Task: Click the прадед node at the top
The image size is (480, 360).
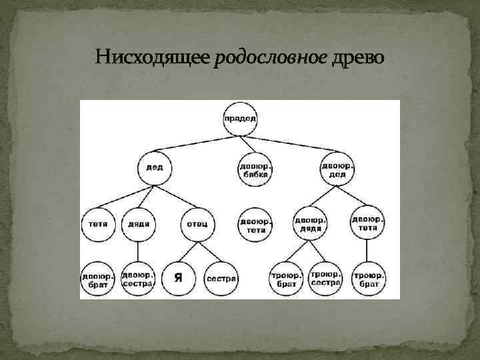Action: (x=241, y=119)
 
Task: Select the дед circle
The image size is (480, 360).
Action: (x=155, y=167)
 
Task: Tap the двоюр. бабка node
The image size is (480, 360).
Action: (x=255, y=170)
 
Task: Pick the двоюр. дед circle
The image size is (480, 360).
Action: (x=337, y=170)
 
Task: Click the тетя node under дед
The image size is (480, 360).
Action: (x=99, y=224)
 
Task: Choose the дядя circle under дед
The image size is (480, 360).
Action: (x=139, y=224)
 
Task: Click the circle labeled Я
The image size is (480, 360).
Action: (x=177, y=277)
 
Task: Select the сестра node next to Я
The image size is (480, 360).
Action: (x=221, y=277)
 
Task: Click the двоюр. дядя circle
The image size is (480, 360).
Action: (x=310, y=223)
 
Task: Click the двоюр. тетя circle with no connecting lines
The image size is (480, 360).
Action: (x=255, y=223)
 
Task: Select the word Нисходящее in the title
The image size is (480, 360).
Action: (x=153, y=57)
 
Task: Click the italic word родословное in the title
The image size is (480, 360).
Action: (x=271, y=57)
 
